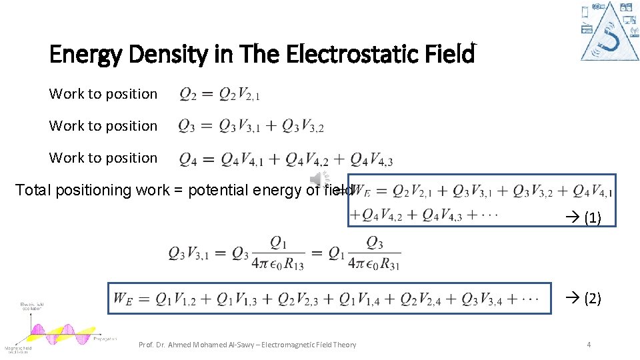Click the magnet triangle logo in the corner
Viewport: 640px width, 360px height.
point(609,31)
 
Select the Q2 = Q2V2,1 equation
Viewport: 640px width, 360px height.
point(219,95)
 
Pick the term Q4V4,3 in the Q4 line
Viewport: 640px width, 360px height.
point(371,159)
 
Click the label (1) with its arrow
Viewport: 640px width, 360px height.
point(583,218)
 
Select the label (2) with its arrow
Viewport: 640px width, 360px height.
point(583,298)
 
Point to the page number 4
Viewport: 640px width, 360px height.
point(589,344)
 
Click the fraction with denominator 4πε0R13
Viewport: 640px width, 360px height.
point(279,253)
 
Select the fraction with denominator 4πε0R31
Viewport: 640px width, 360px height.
point(374,253)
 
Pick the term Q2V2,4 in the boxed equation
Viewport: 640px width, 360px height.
point(424,299)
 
